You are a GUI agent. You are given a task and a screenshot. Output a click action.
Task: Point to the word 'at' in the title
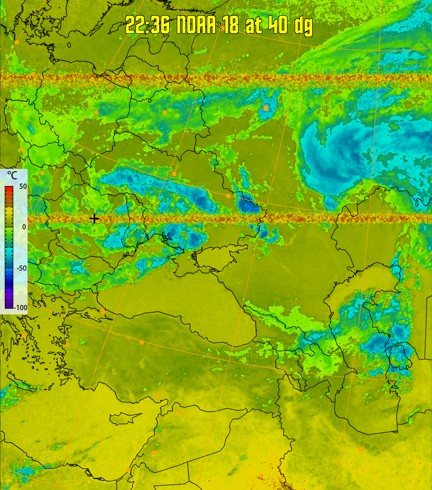253,25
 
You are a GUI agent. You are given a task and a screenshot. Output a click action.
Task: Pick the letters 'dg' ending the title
303,26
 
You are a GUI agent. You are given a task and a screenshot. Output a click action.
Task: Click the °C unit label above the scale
11,176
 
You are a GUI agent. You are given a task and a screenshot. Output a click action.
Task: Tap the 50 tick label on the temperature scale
23,186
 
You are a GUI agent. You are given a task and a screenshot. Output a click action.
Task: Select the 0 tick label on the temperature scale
24,227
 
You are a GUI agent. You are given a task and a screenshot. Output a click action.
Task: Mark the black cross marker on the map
94,218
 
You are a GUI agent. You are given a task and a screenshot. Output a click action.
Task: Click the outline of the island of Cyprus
126,418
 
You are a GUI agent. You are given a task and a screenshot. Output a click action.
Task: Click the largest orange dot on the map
266,108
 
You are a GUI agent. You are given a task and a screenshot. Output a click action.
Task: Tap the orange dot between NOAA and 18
223,28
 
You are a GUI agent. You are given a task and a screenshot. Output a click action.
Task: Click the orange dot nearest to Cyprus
157,396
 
